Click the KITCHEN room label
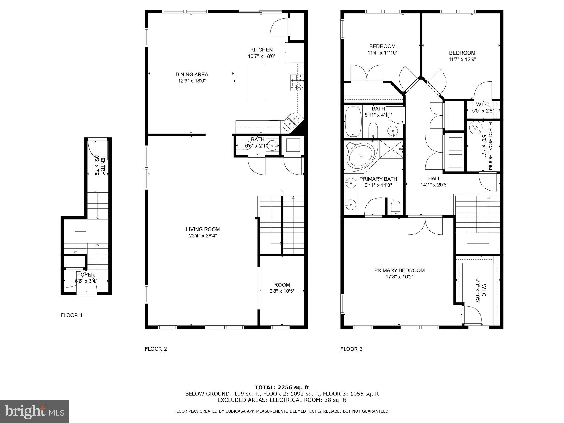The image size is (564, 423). [261, 50]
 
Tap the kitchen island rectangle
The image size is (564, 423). [256, 83]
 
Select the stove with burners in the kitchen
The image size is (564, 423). [297, 83]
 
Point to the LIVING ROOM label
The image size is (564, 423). [203, 229]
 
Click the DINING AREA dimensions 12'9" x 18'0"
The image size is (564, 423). [192, 81]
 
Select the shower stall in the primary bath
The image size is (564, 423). [391, 149]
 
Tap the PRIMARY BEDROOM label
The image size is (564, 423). [399, 270]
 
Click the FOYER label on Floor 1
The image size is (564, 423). [86, 275]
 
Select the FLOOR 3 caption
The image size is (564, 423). [351, 349]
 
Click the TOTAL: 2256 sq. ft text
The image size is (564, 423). [282, 387]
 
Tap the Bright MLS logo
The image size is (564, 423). [34, 412]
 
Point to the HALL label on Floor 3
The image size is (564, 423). [434, 178]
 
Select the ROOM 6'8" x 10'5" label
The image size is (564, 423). [282, 288]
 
